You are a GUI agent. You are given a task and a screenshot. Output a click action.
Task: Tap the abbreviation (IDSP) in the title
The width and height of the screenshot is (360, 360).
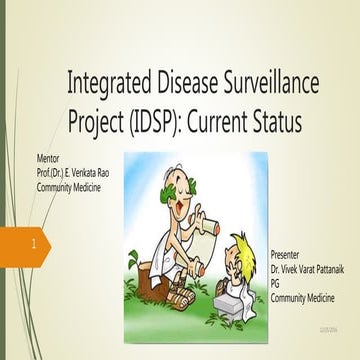165,121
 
